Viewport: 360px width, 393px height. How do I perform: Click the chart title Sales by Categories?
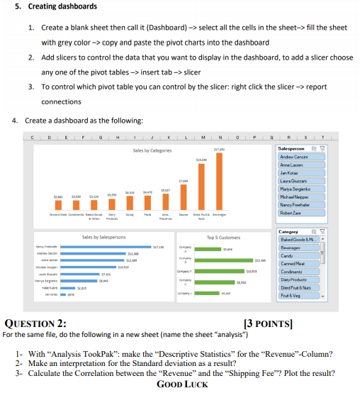coord(152,150)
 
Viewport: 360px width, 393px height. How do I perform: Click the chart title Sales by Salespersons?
coord(103,237)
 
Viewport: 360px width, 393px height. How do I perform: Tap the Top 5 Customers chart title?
coord(223,237)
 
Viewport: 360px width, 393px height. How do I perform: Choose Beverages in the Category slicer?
coord(293,249)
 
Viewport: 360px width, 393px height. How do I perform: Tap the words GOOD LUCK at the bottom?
coord(184,384)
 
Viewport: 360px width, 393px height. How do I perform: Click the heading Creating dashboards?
coord(61,7)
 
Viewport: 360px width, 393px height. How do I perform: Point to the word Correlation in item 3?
coord(94,372)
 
